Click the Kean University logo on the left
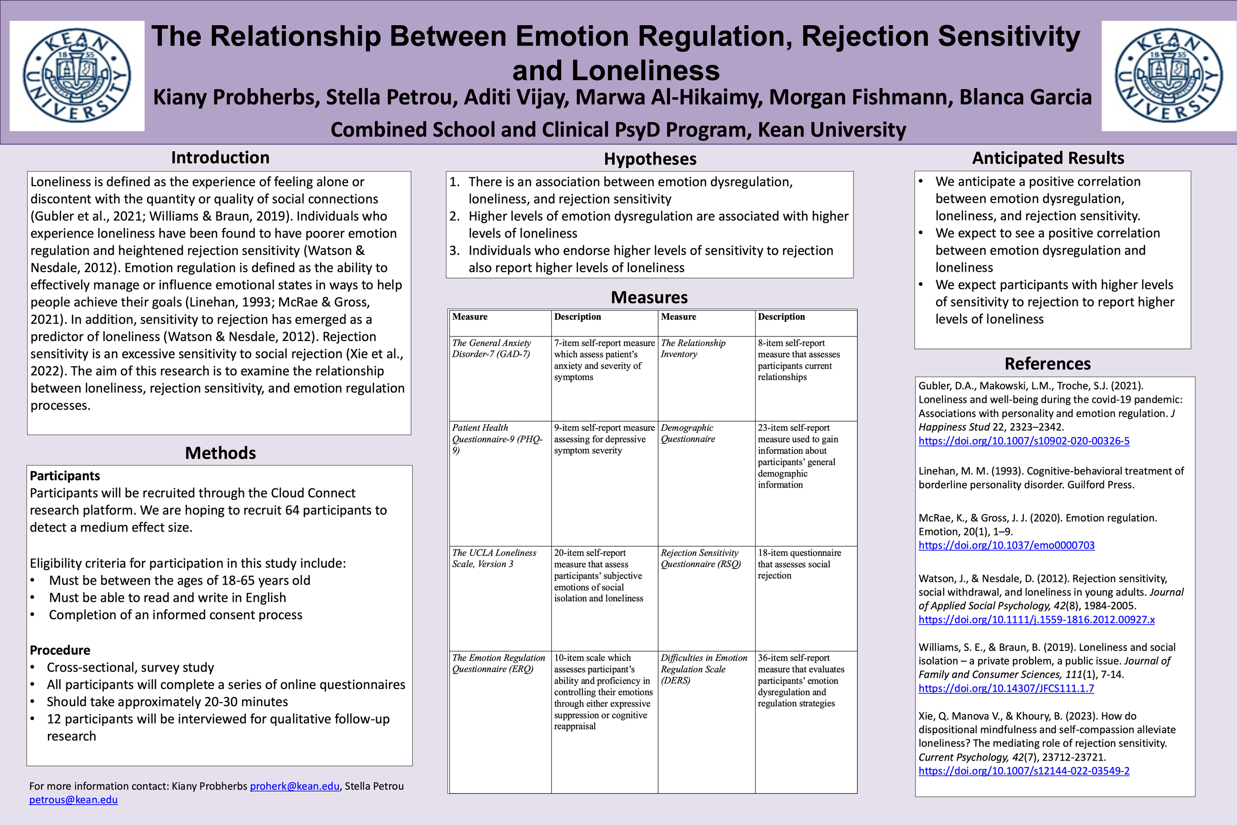[x=77, y=76]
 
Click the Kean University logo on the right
[x=1169, y=76]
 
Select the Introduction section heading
[x=220, y=158]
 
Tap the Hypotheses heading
[x=650, y=159]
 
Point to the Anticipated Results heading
[x=1047, y=158]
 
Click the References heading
[x=1047, y=364]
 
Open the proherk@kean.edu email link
[x=294, y=786]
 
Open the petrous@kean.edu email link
[x=73, y=800]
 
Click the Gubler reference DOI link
[x=1023, y=441]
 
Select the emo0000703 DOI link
[x=1006, y=545]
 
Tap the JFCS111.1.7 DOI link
[x=1005, y=688]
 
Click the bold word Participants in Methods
[x=65, y=476]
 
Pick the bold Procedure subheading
[x=60, y=650]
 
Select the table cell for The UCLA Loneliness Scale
[x=494, y=558]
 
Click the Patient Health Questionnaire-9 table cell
[x=497, y=439]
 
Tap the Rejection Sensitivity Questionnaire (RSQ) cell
[x=701, y=558]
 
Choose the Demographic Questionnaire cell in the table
[x=687, y=433]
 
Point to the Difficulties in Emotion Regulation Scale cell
[x=704, y=669]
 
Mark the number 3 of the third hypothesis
[x=454, y=250]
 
